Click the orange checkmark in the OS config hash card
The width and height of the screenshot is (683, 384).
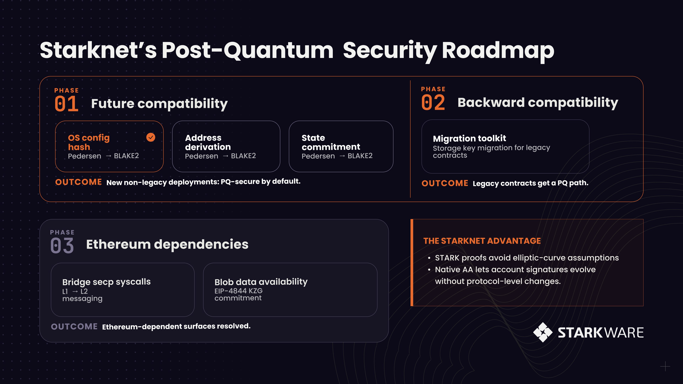point(151,137)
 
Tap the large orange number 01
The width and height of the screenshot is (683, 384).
point(66,104)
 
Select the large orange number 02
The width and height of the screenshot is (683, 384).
point(433,103)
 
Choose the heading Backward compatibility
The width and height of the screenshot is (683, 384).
point(538,103)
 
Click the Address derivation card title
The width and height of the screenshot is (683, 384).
point(208,142)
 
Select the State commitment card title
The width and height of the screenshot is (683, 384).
point(331,142)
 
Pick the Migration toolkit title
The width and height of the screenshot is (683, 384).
point(470,138)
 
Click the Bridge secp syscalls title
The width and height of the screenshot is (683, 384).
point(107,282)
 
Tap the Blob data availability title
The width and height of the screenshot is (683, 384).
point(261,282)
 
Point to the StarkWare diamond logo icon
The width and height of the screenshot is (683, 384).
point(543,332)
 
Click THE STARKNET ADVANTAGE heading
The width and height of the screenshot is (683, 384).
point(482,241)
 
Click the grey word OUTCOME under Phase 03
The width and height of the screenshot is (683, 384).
point(74,327)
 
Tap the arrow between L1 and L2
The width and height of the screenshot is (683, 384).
point(75,292)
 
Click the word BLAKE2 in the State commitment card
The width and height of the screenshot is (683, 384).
point(360,156)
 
